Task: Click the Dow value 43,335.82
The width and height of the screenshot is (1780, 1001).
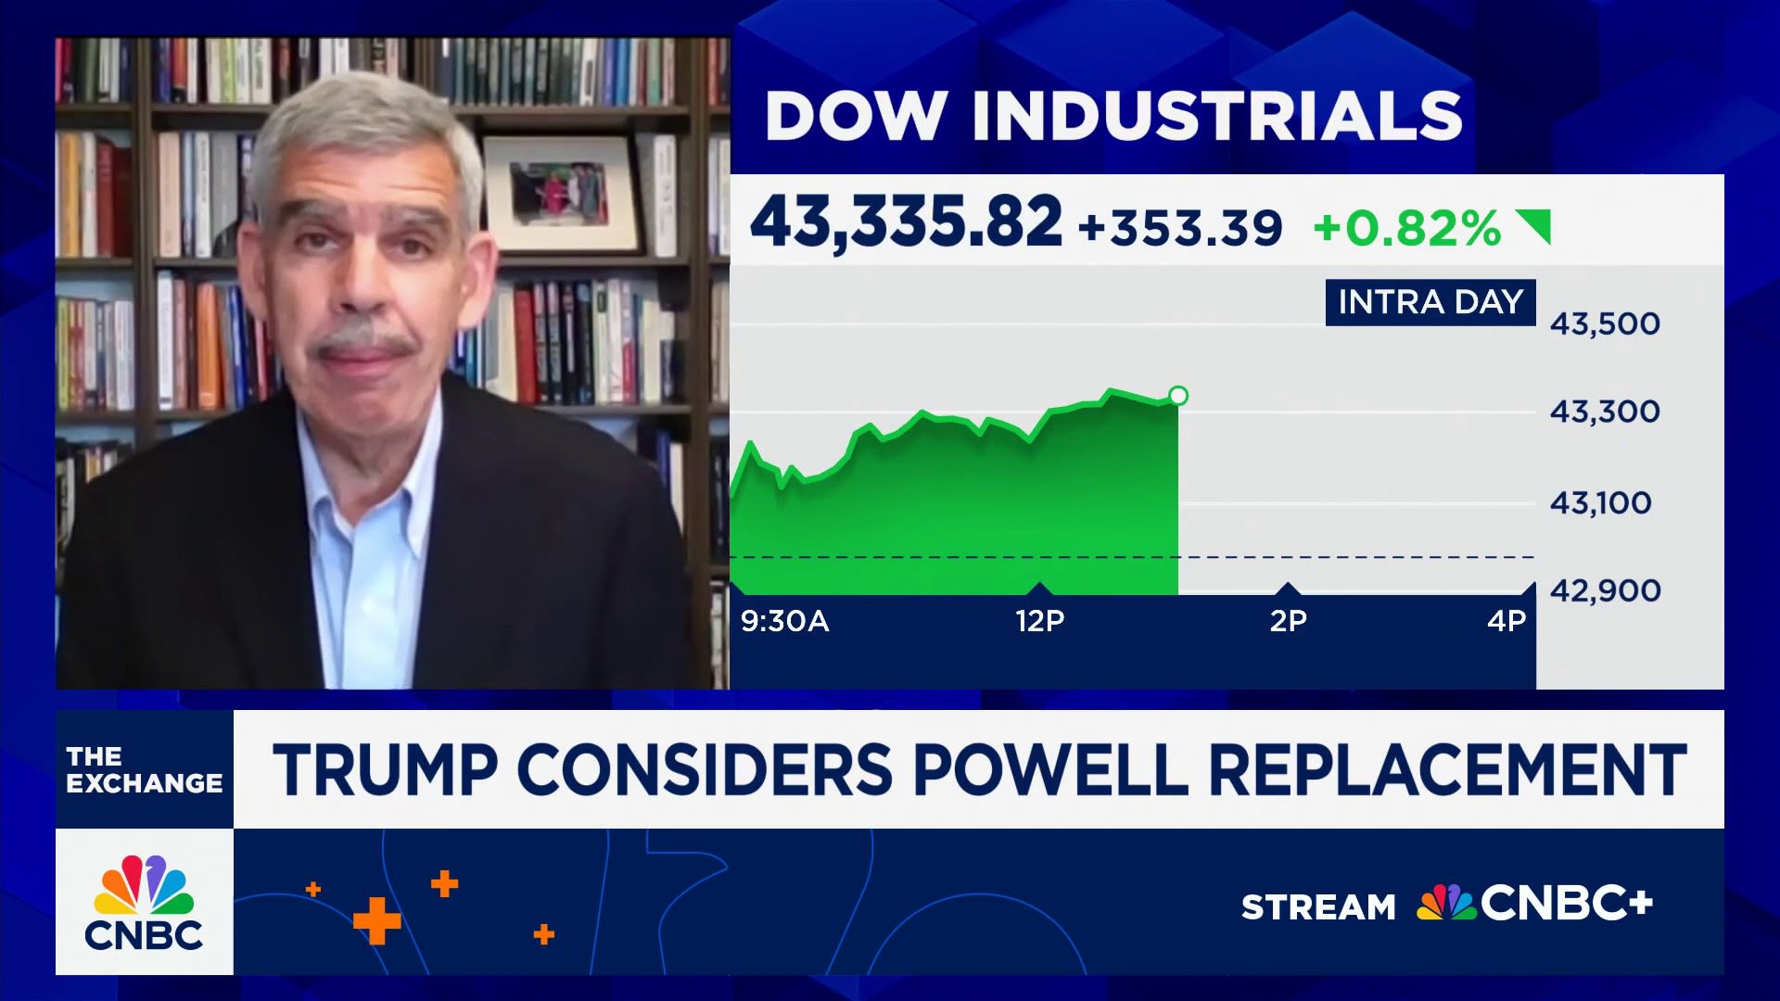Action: (x=906, y=223)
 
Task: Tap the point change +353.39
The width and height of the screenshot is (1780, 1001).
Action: (x=1180, y=227)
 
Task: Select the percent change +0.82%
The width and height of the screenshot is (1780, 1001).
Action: (x=1406, y=228)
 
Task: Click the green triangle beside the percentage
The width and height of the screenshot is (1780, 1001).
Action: (x=1535, y=224)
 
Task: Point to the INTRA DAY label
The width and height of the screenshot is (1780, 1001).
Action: (x=1430, y=302)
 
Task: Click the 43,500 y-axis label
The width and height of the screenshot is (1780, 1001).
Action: (x=1605, y=323)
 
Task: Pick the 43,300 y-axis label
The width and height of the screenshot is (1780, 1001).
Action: (x=1605, y=412)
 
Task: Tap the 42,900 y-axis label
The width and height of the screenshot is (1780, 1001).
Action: (x=1605, y=590)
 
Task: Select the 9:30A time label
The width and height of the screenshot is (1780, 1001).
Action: (x=784, y=621)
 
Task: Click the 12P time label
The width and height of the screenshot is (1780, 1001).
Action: (x=1039, y=621)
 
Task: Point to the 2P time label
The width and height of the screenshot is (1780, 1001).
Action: (x=1288, y=621)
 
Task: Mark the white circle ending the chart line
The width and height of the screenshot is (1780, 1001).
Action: (x=1178, y=396)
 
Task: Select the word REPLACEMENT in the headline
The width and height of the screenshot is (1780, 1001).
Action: (x=1447, y=769)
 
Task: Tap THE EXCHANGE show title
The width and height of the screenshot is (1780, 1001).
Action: (x=144, y=770)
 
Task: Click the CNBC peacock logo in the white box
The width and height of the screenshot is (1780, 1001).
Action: (x=144, y=888)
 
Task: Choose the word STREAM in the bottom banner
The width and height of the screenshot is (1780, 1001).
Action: (x=1317, y=906)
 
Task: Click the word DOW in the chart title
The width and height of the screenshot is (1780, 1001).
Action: (x=856, y=116)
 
